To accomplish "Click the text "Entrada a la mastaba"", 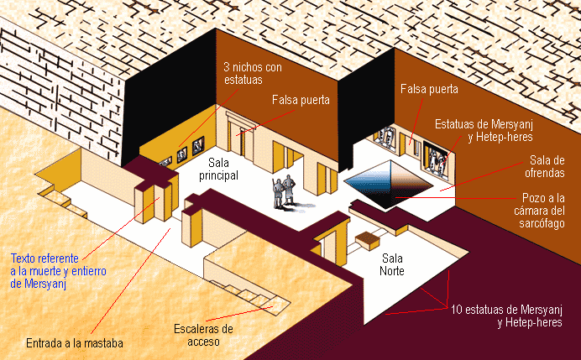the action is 76,343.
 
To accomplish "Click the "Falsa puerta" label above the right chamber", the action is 429,87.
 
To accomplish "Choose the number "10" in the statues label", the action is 457,309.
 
